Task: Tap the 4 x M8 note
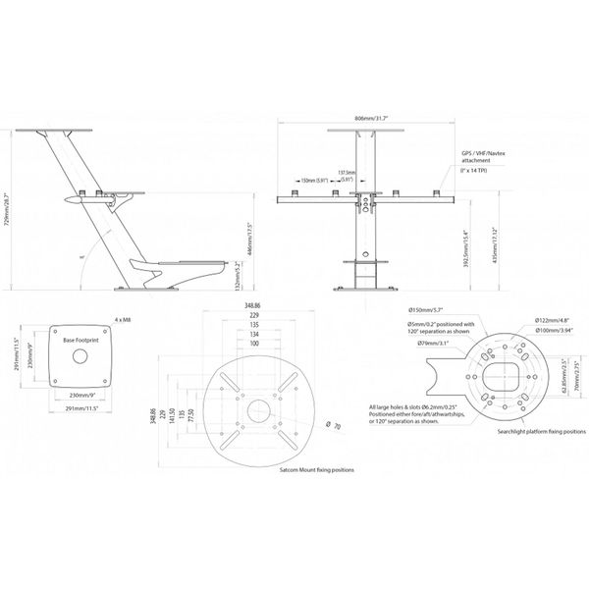[x=124, y=319]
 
